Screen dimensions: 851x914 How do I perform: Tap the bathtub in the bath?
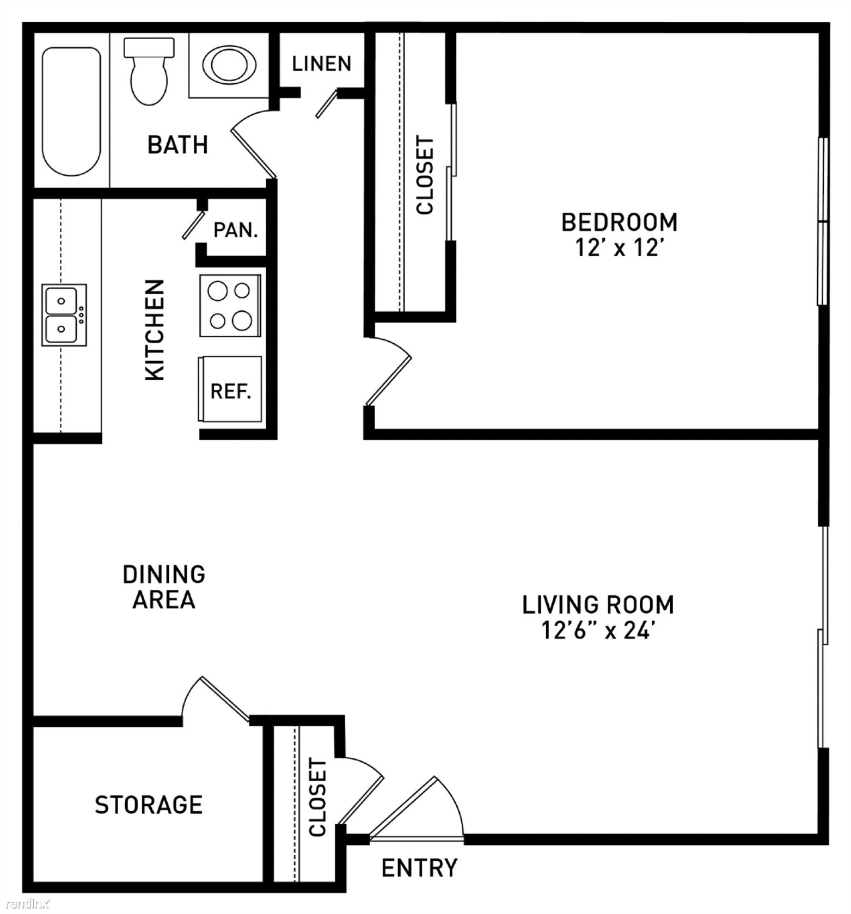tap(71, 112)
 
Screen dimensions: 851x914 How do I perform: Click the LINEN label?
tap(321, 64)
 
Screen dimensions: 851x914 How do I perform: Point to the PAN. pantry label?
tap(235, 230)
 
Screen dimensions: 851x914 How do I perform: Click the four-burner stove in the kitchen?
tap(230, 306)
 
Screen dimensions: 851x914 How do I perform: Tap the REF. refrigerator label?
tap(231, 391)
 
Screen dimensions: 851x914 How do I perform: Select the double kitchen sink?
tap(64, 314)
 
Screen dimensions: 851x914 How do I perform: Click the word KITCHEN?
tap(155, 330)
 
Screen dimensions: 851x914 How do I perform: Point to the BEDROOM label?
tap(619, 222)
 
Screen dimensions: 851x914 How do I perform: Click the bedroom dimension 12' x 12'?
tap(620, 248)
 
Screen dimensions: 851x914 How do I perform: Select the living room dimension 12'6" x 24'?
tap(597, 631)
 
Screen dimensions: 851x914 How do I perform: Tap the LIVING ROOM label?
tap(598, 604)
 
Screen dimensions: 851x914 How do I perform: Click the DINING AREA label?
tap(164, 587)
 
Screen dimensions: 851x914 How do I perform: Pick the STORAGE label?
tap(149, 804)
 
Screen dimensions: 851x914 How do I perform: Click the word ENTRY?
tap(419, 868)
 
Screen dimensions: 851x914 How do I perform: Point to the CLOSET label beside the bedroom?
tap(425, 175)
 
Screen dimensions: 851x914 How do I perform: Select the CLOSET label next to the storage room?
tap(317, 798)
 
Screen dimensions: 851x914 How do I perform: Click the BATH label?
tap(178, 145)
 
